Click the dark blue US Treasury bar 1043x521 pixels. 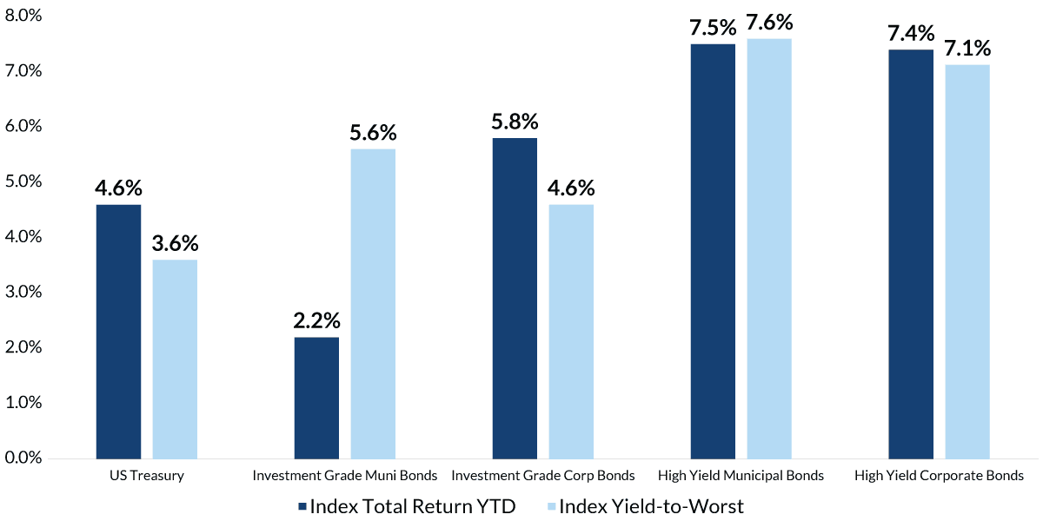[118, 331]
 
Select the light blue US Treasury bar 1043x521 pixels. [175, 359]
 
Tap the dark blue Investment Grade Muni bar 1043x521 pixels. [316, 398]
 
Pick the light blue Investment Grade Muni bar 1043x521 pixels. [373, 303]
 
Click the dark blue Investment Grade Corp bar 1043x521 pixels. [515, 298]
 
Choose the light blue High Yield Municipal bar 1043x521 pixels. [769, 248]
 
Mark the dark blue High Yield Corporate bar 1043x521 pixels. [911, 254]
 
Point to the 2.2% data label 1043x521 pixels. [316, 321]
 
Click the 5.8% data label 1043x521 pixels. [515, 122]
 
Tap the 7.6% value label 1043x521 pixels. [769, 23]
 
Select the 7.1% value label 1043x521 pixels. [967, 48]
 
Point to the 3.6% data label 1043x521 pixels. [175, 243]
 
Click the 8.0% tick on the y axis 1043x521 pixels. [23, 15]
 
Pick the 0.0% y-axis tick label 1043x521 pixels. [23, 458]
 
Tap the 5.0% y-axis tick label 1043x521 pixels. [23, 181]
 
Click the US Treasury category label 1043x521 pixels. [147, 476]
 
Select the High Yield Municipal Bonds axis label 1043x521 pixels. [741, 476]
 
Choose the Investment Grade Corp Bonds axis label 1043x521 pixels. [543, 476]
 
